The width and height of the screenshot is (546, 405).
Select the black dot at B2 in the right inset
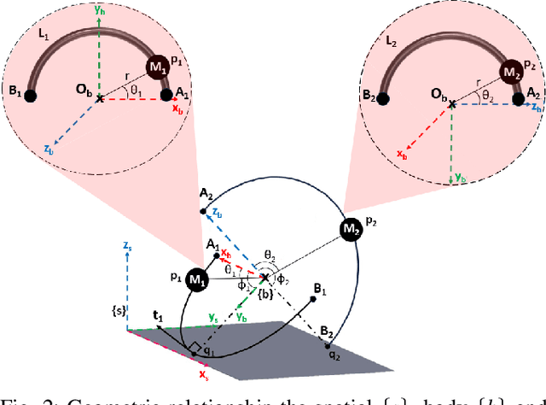pyautogui.click(x=382, y=98)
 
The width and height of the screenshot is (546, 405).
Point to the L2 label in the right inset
pyautogui.click(x=392, y=41)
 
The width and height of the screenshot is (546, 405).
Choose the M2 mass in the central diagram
pyautogui.click(x=350, y=230)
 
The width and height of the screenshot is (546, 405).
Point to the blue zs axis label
pyautogui.click(x=127, y=246)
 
